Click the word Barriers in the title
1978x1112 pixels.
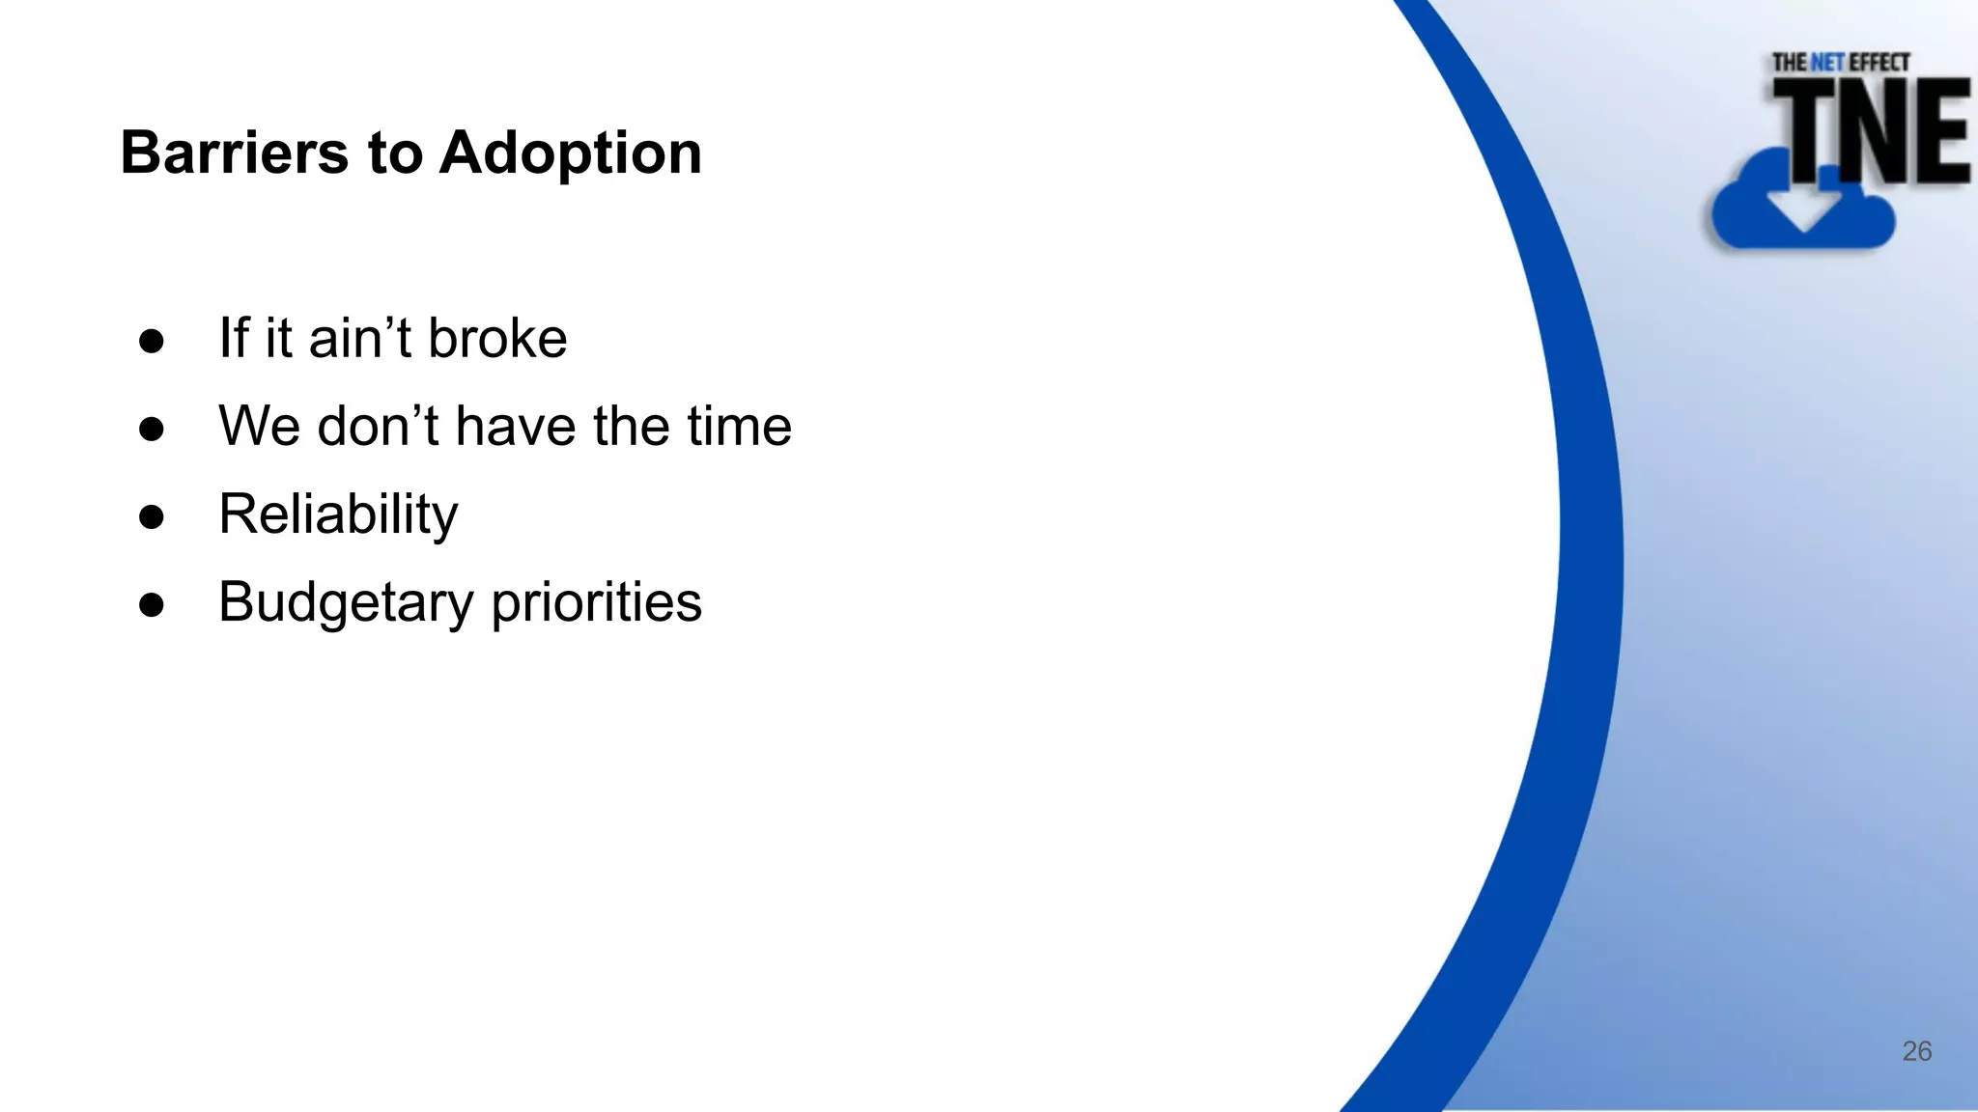pos(234,153)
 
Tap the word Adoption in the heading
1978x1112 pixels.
pos(570,153)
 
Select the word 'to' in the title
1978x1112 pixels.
pos(394,154)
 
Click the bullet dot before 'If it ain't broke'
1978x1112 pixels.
pos(152,341)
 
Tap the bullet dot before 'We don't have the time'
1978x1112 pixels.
pos(152,429)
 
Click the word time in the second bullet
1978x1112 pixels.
pos(739,426)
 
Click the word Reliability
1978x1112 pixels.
pos(338,514)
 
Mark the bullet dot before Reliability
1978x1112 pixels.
pos(152,516)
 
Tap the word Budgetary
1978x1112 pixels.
pos(346,603)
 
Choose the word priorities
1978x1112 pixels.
pos(596,603)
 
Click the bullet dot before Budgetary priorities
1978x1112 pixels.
pos(152,605)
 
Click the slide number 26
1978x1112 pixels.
pos(1916,1051)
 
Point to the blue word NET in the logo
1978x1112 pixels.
pos(1827,63)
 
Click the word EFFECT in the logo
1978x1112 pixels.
pos(1879,63)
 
